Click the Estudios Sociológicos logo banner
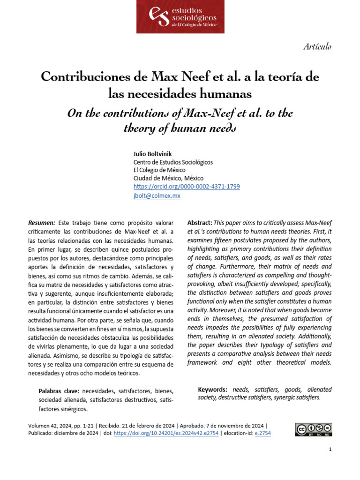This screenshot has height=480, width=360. tap(180, 17)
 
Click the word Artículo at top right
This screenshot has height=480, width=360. tap(317, 46)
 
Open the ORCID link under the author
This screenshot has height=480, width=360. tap(187, 187)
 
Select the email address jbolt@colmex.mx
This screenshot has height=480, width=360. tap(157, 195)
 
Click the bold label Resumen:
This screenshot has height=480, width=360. tap(42, 223)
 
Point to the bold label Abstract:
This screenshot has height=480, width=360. tap(200, 223)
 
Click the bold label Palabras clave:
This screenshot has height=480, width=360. tap(59, 391)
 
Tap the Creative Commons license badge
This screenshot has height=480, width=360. tap(313, 429)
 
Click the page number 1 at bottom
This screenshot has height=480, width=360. tap(330, 450)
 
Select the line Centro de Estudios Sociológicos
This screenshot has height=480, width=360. tap(173, 162)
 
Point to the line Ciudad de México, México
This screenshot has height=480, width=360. tap(168, 178)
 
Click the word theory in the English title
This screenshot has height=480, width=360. tap(141, 129)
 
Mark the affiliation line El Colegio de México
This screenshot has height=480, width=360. tap(159, 170)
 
